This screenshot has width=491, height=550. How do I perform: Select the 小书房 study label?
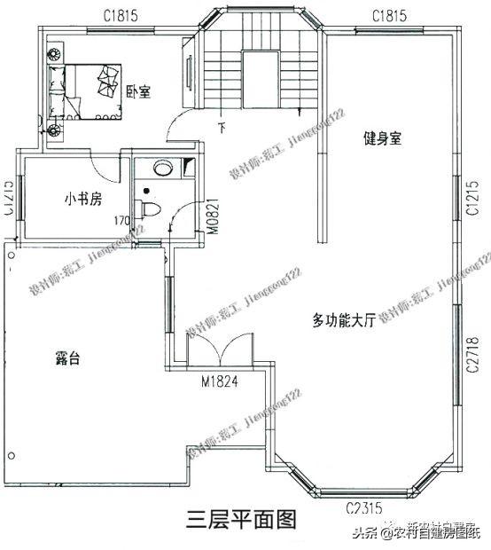[x=77, y=198]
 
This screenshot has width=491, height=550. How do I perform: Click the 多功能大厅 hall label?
[x=344, y=318]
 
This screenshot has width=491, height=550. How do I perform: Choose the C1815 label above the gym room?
[x=389, y=15]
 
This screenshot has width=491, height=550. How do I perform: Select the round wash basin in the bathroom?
[x=162, y=167]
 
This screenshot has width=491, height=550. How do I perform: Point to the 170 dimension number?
[x=121, y=220]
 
